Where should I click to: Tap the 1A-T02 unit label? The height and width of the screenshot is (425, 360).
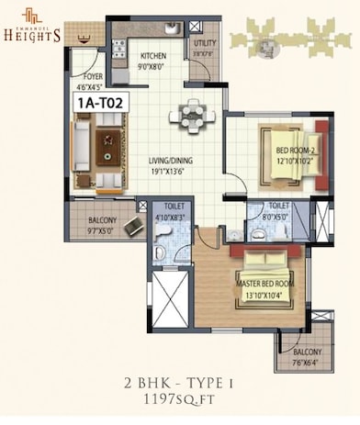(98, 104)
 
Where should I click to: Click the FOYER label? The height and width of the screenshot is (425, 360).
(93, 77)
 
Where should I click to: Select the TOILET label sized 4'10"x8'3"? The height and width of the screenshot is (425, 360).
(171, 209)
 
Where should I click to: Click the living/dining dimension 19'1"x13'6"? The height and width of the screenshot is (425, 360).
(176, 170)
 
